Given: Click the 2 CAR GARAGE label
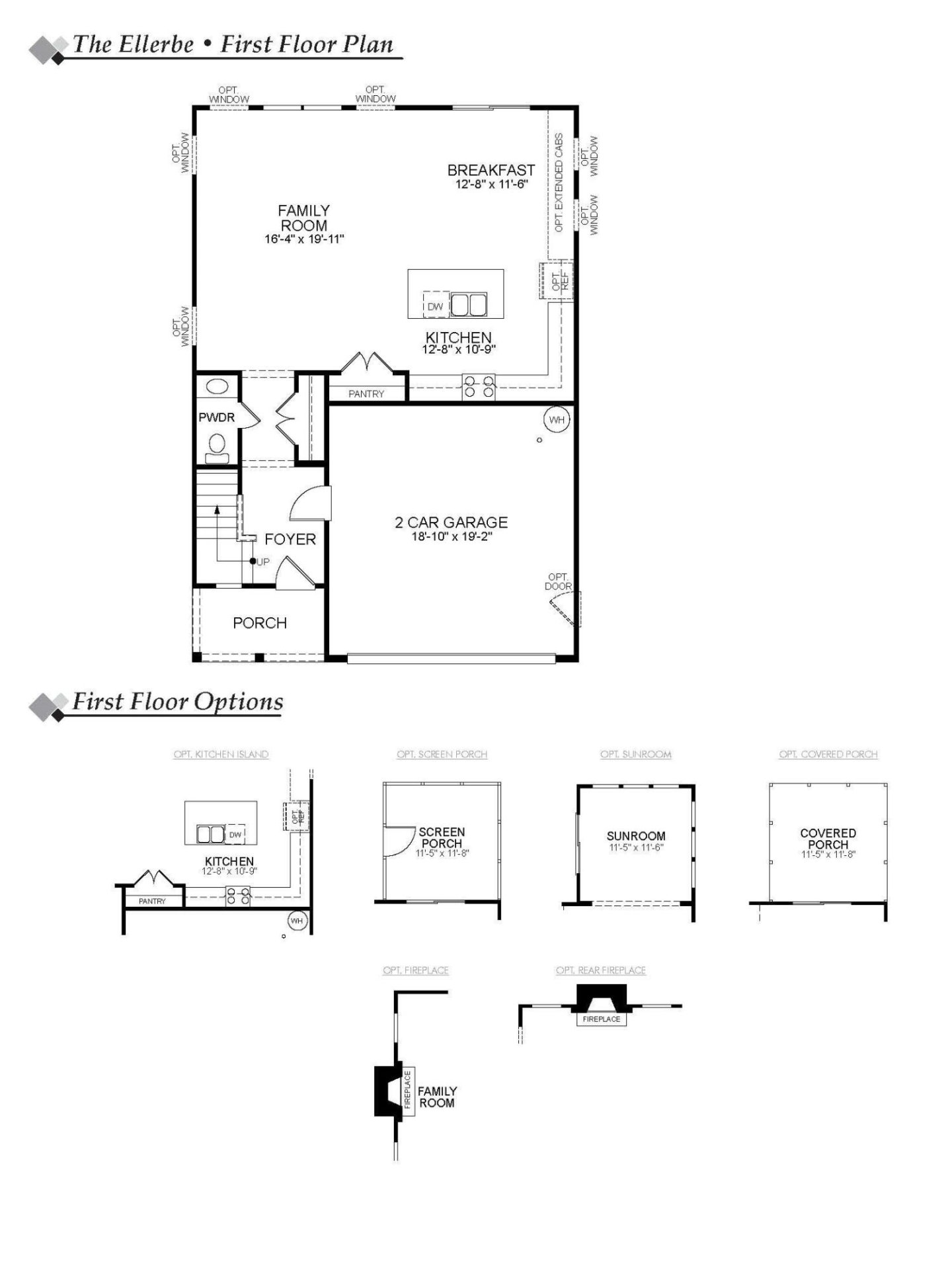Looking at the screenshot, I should pyautogui.click(x=452, y=523).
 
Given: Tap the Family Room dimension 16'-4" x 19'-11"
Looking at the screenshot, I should pyautogui.click(x=304, y=239).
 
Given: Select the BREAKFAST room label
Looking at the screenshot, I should pyautogui.click(x=491, y=171).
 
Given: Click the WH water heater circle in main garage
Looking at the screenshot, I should pyautogui.click(x=557, y=419).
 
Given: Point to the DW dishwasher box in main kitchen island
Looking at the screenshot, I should pyautogui.click(x=436, y=306).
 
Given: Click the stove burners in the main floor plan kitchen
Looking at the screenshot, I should pyautogui.click(x=479, y=387).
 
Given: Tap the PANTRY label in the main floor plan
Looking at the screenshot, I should pyautogui.click(x=366, y=394).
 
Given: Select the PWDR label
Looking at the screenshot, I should pyautogui.click(x=217, y=417).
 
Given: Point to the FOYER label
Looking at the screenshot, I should pyautogui.click(x=290, y=540).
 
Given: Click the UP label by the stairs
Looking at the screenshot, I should pyautogui.click(x=263, y=562).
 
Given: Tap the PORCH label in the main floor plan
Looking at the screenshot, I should pyautogui.click(x=260, y=623).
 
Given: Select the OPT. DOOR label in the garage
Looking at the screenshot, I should pyautogui.click(x=558, y=581).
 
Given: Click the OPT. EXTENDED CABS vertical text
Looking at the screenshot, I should pyautogui.click(x=559, y=183).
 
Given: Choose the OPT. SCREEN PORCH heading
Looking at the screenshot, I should pyautogui.click(x=442, y=754).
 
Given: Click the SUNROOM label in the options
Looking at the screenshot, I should pyautogui.click(x=636, y=836).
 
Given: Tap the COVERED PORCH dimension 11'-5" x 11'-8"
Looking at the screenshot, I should pyautogui.click(x=828, y=855).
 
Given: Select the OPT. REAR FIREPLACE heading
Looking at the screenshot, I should pyautogui.click(x=600, y=970).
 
